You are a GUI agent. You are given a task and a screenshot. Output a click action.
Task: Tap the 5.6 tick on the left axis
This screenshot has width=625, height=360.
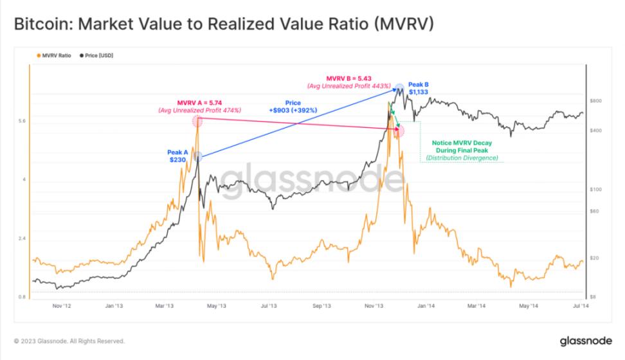pyautogui.click(x=22, y=120)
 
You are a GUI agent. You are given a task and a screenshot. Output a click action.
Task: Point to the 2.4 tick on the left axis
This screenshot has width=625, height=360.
pyautogui.click(x=22, y=239)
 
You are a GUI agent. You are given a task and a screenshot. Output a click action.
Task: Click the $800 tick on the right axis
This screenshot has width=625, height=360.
pyautogui.click(x=595, y=100)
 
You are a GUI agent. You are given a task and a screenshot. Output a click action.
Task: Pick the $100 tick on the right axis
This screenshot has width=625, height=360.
pyautogui.click(x=595, y=189)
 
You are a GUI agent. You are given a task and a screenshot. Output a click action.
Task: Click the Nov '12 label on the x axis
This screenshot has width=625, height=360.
pyautogui.click(x=61, y=307)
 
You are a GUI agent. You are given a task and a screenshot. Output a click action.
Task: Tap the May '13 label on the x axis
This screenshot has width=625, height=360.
pyautogui.click(x=216, y=307)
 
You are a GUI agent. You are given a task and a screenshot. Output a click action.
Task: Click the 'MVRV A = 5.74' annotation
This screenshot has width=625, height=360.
pyautogui.click(x=199, y=102)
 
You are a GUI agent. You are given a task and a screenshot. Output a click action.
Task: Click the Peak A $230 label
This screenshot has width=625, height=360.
pyautogui.click(x=178, y=156)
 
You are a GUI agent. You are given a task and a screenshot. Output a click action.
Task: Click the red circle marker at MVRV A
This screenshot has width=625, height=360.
pyautogui.click(x=197, y=120)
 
